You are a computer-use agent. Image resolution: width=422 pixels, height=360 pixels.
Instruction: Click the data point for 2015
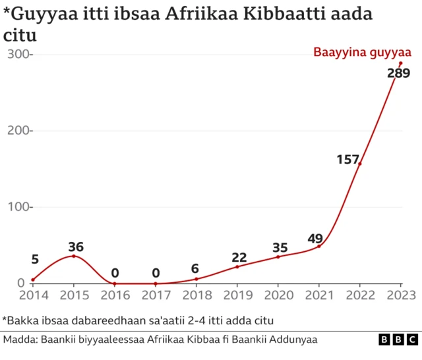[73, 256]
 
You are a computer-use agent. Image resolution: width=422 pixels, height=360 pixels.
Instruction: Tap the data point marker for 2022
[359, 164]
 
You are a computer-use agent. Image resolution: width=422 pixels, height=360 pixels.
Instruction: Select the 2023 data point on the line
[400, 63]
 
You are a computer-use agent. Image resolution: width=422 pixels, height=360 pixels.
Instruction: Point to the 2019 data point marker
[237, 266]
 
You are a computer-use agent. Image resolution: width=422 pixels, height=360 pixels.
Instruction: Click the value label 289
[398, 74]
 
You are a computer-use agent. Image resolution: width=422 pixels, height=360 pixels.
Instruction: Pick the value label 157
[347, 160]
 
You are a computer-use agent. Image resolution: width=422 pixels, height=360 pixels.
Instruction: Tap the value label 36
[76, 247]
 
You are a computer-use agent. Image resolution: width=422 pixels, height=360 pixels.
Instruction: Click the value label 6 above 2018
[195, 268]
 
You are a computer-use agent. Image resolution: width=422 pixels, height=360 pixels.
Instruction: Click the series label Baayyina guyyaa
[362, 53]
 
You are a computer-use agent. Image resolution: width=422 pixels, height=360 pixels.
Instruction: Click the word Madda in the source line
[20, 340]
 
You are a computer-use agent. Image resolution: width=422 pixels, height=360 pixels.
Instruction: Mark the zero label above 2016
[115, 273]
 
